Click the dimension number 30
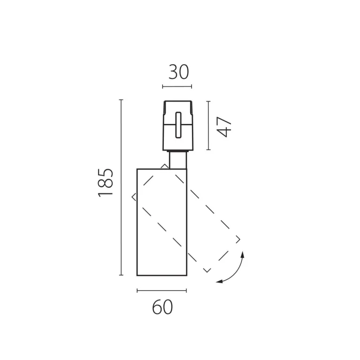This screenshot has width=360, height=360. point(179,72)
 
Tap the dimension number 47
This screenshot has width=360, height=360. point(224,127)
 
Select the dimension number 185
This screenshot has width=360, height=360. point(106,183)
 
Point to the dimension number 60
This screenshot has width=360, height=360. point(162,307)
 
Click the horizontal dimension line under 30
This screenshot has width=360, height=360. point(177,86)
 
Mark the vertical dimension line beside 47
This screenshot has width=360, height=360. point(208,125)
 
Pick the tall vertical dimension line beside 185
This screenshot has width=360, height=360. point(121,187)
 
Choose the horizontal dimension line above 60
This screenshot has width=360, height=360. point(161,291)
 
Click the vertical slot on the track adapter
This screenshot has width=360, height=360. point(178,125)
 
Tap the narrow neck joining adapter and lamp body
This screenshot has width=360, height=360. point(178,160)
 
